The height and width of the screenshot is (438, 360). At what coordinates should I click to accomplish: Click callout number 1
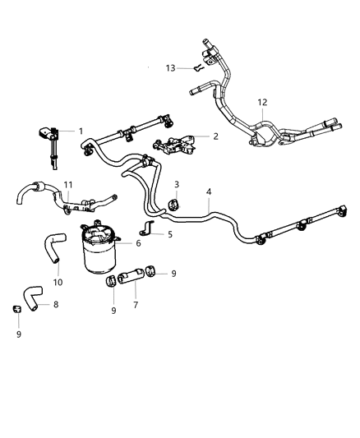pyautogui.click(x=81, y=131)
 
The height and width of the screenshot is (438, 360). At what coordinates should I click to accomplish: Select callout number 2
pyautogui.click(x=215, y=136)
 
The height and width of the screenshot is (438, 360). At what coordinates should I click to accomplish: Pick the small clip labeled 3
pyautogui.click(x=175, y=202)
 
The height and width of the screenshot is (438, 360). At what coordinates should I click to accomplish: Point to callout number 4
pyautogui.click(x=209, y=192)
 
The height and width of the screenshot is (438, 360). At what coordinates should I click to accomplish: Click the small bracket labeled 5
pyautogui.click(x=149, y=228)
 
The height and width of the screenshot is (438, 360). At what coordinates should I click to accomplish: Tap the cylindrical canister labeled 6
pyautogui.click(x=102, y=252)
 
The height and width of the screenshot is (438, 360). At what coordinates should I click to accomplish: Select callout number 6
pyautogui.click(x=138, y=243)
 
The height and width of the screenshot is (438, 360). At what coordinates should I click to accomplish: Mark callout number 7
pyautogui.click(x=135, y=304)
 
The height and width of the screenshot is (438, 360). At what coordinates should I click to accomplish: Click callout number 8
pyautogui.click(x=56, y=304)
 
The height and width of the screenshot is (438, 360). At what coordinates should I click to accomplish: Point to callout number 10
pyautogui.click(x=58, y=282)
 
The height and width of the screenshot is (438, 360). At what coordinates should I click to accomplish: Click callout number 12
pyautogui.click(x=262, y=103)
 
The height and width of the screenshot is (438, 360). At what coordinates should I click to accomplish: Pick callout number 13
pyautogui.click(x=170, y=67)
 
